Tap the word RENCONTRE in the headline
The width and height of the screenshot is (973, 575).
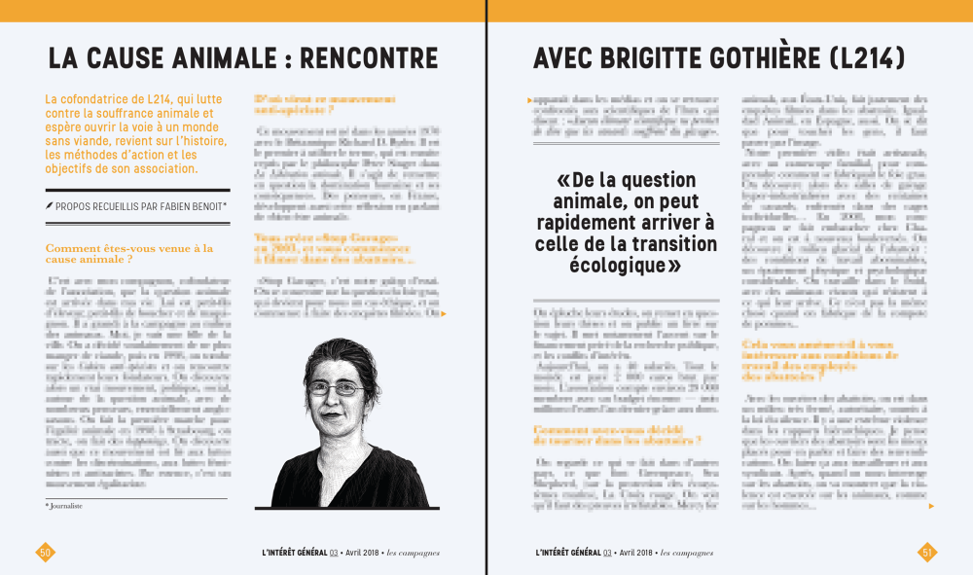tap(370, 59)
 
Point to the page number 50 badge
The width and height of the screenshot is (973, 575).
tap(45, 552)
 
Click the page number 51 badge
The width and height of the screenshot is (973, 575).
tap(927, 552)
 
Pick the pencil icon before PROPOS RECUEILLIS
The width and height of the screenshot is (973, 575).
tap(50, 206)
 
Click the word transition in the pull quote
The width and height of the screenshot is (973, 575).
tap(674, 243)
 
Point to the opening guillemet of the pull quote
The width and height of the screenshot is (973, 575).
tap(562, 181)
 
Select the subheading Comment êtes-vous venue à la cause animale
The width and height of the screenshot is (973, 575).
tap(128, 254)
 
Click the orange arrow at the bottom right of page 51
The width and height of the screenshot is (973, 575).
tap(931, 506)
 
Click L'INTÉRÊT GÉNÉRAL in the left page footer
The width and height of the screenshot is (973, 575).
tap(294, 553)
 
